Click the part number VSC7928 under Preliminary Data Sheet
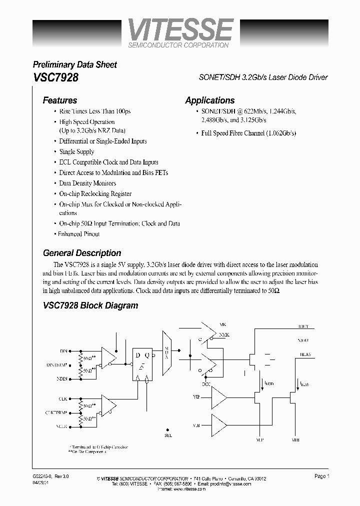coord(55,78)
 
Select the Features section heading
coord(60,100)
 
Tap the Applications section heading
coord(210,100)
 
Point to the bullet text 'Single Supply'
coord(76,151)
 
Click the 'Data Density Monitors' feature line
coord(87,183)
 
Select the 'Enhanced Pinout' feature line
coord(79,234)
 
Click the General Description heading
coord(82,253)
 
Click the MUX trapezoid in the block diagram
coord(166,352)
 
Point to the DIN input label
coord(63,351)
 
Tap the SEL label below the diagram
coord(167,435)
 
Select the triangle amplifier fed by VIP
coord(218,399)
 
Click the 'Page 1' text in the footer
coord(322,476)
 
